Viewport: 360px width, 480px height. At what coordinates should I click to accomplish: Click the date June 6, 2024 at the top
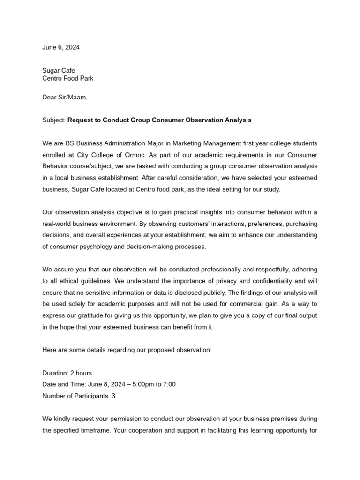(x=61, y=47)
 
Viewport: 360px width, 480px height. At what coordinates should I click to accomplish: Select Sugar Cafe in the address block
(x=59, y=71)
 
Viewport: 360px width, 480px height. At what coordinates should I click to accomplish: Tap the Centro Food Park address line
(x=67, y=78)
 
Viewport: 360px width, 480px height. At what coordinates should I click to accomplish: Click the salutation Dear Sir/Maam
(x=65, y=97)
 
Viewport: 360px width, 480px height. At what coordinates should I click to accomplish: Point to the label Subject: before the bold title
(x=54, y=120)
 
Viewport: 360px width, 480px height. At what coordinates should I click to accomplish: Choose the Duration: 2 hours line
(x=67, y=373)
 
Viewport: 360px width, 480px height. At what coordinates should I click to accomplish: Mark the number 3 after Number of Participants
(x=113, y=396)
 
